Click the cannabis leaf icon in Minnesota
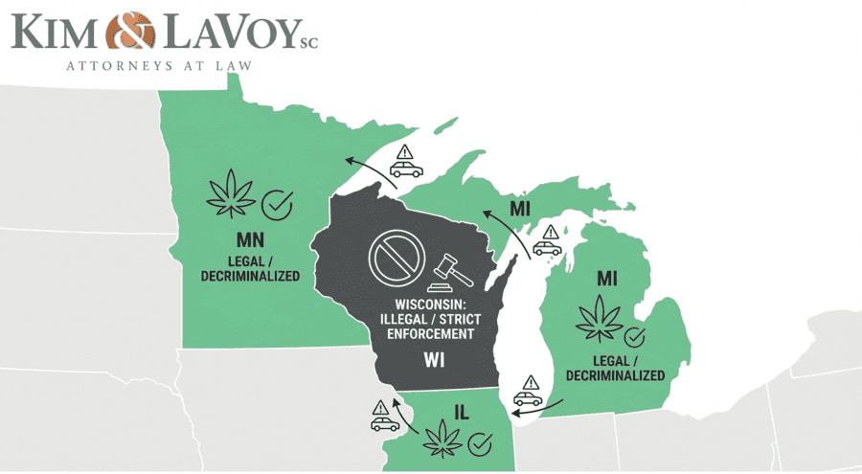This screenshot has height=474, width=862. click(x=232, y=192)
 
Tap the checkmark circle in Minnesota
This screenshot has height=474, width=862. click(x=278, y=203)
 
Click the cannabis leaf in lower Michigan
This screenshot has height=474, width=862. click(x=597, y=320)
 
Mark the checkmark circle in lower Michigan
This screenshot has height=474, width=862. click(x=634, y=337)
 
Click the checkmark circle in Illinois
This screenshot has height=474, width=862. click(x=481, y=444)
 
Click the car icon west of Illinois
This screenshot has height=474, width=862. click(x=385, y=422)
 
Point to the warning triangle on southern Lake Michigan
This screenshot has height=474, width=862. click(x=531, y=381)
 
